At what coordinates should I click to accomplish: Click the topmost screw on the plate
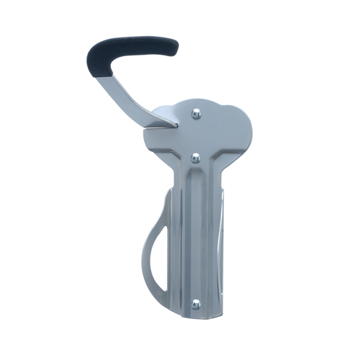pos(195,112)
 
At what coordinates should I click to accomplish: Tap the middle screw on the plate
pos(195,157)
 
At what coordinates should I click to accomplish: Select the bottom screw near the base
pos(195,305)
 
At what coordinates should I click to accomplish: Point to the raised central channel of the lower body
pos(195,238)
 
